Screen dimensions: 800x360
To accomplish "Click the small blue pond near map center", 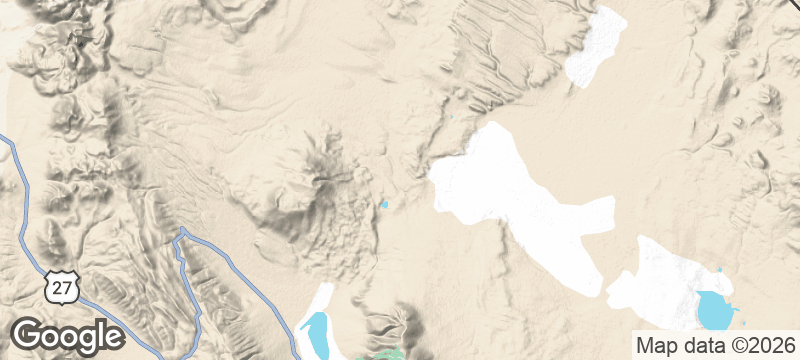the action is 383,205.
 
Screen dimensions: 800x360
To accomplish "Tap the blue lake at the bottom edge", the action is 314,335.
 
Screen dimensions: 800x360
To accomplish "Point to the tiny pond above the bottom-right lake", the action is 719,271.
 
